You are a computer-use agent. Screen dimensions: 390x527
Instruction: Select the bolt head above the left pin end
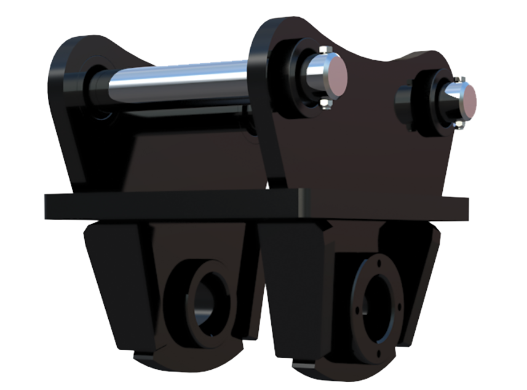(325, 49)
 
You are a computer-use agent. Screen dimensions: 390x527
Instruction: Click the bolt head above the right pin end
(462, 80)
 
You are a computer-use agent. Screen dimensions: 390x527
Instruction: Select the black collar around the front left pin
(301, 77)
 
